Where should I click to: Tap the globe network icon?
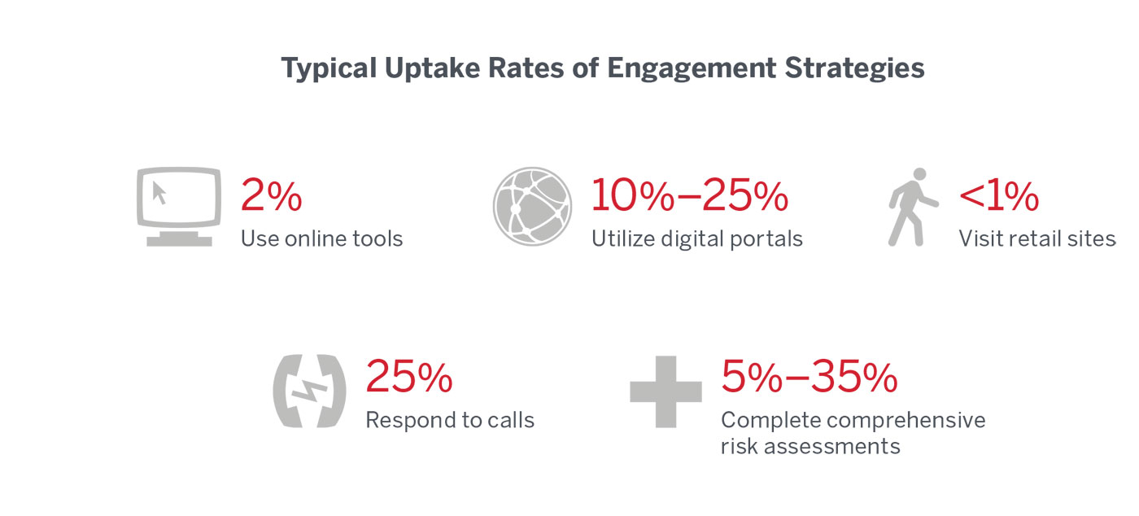coord(532,207)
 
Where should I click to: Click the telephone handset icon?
coord(308,391)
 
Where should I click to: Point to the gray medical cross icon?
coord(666,391)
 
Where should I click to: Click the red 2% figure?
coord(271,196)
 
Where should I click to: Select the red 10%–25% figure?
coord(689,196)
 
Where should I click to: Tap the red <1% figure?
coord(998,196)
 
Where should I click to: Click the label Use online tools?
coord(321,239)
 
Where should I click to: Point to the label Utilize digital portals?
coord(696,239)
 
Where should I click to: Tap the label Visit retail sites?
coord(1036,239)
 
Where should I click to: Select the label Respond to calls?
coord(450,421)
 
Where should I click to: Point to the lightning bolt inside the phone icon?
coord(308,391)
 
